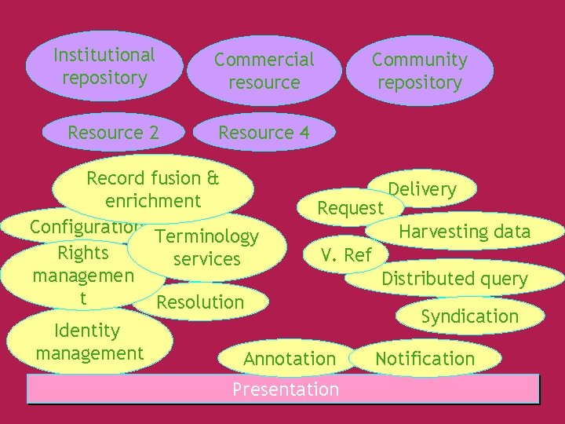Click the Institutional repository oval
pyautogui.click(x=104, y=67)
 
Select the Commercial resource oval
pyautogui.click(x=264, y=71)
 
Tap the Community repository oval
pyautogui.click(x=419, y=71)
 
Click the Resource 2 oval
pyautogui.click(x=113, y=133)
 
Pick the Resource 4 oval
pyautogui.click(x=264, y=133)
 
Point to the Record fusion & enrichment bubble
pyautogui.click(x=153, y=189)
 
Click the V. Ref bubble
pyautogui.click(x=346, y=254)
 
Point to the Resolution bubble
pyautogui.click(x=201, y=302)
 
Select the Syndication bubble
pyautogui.click(x=469, y=316)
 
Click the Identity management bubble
pyautogui.click(x=89, y=342)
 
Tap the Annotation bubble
pyautogui.click(x=289, y=359)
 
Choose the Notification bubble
pyautogui.click(x=425, y=359)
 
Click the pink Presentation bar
pyautogui.click(x=284, y=389)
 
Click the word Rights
pyautogui.click(x=83, y=253)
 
